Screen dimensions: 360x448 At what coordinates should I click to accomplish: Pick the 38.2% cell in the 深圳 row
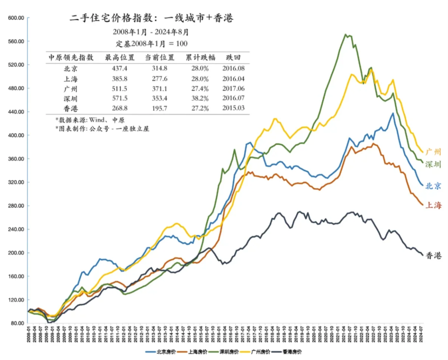point(197,98)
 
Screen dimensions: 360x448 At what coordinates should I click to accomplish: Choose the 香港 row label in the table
point(69,108)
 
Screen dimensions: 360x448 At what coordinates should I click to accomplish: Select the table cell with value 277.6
point(159,78)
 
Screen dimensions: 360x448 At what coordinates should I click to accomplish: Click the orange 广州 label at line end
point(433,152)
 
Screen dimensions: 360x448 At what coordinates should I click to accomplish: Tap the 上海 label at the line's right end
point(433,205)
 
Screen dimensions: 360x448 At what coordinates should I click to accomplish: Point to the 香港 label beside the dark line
point(433,256)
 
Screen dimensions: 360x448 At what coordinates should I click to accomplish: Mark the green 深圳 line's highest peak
point(346,34)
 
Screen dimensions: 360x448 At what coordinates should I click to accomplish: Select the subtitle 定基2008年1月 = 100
point(151,44)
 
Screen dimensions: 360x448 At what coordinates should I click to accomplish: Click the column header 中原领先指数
point(71,58)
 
